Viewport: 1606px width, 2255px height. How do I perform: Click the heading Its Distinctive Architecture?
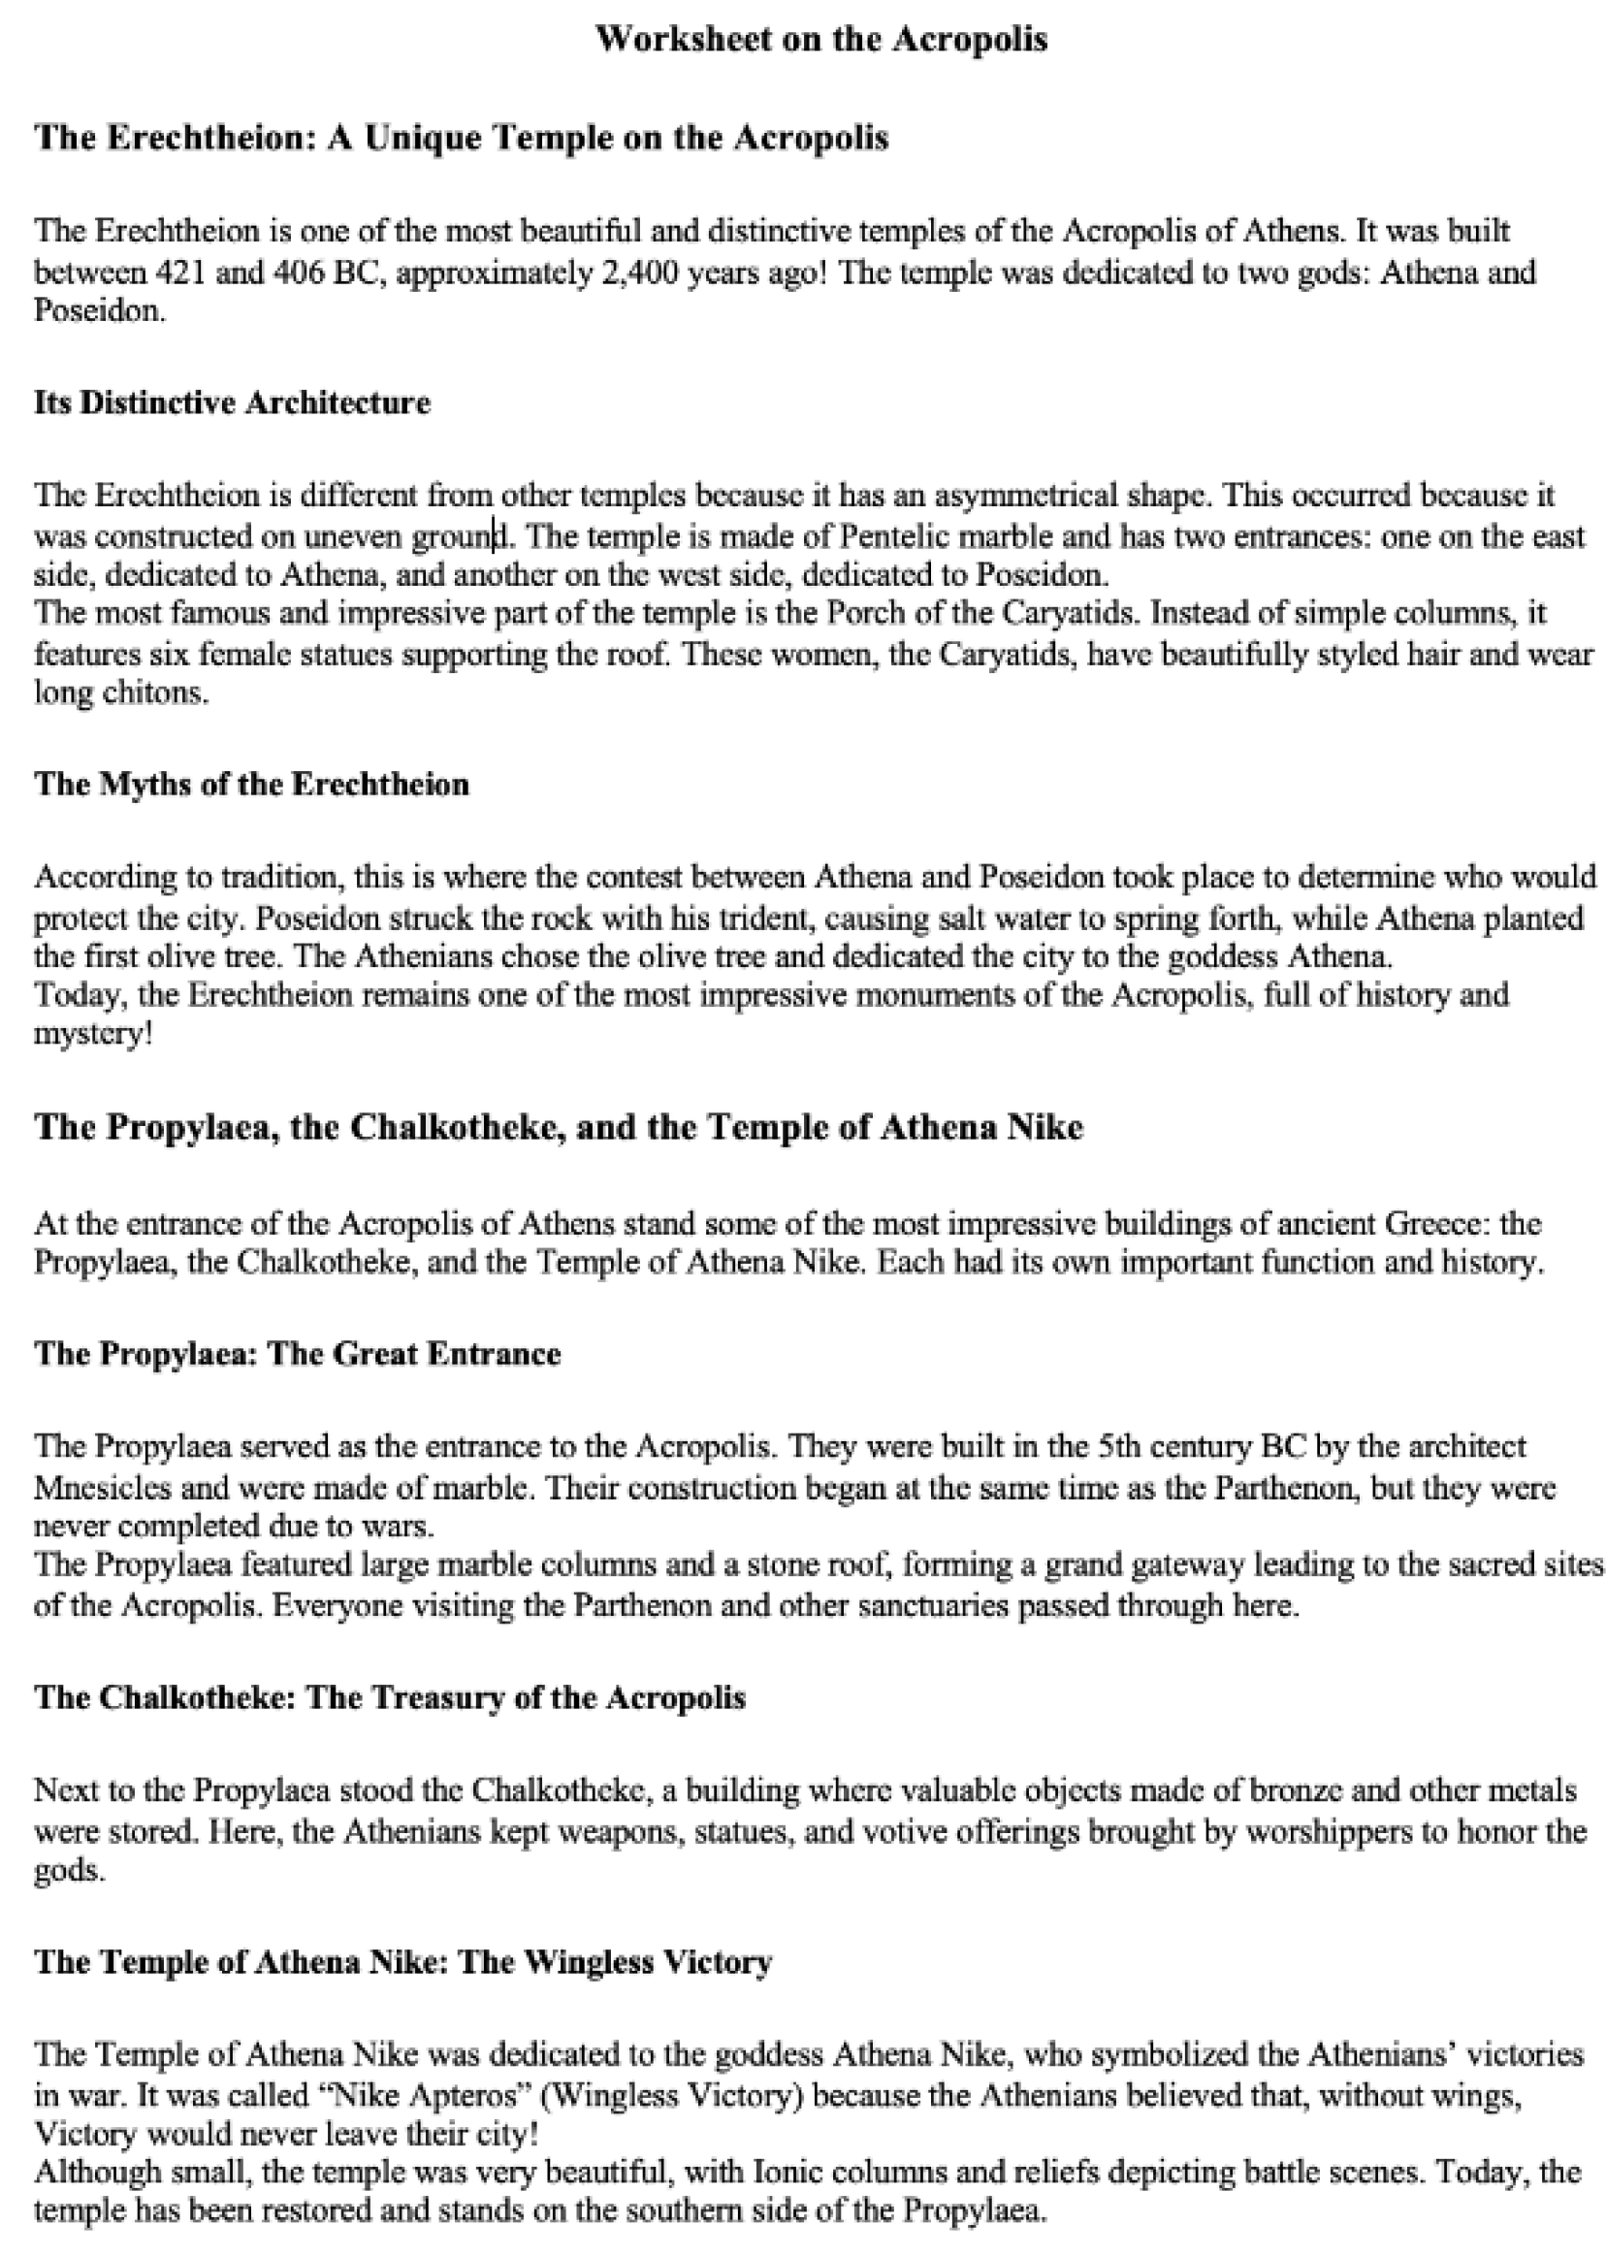[x=233, y=403]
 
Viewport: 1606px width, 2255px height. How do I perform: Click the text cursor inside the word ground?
[x=495, y=536]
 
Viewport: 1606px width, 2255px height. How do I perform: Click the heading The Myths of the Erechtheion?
[x=252, y=785]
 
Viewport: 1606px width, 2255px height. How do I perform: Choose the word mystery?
[x=94, y=1035]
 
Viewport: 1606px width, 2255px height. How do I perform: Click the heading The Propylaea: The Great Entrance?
[x=298, y=1354]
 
